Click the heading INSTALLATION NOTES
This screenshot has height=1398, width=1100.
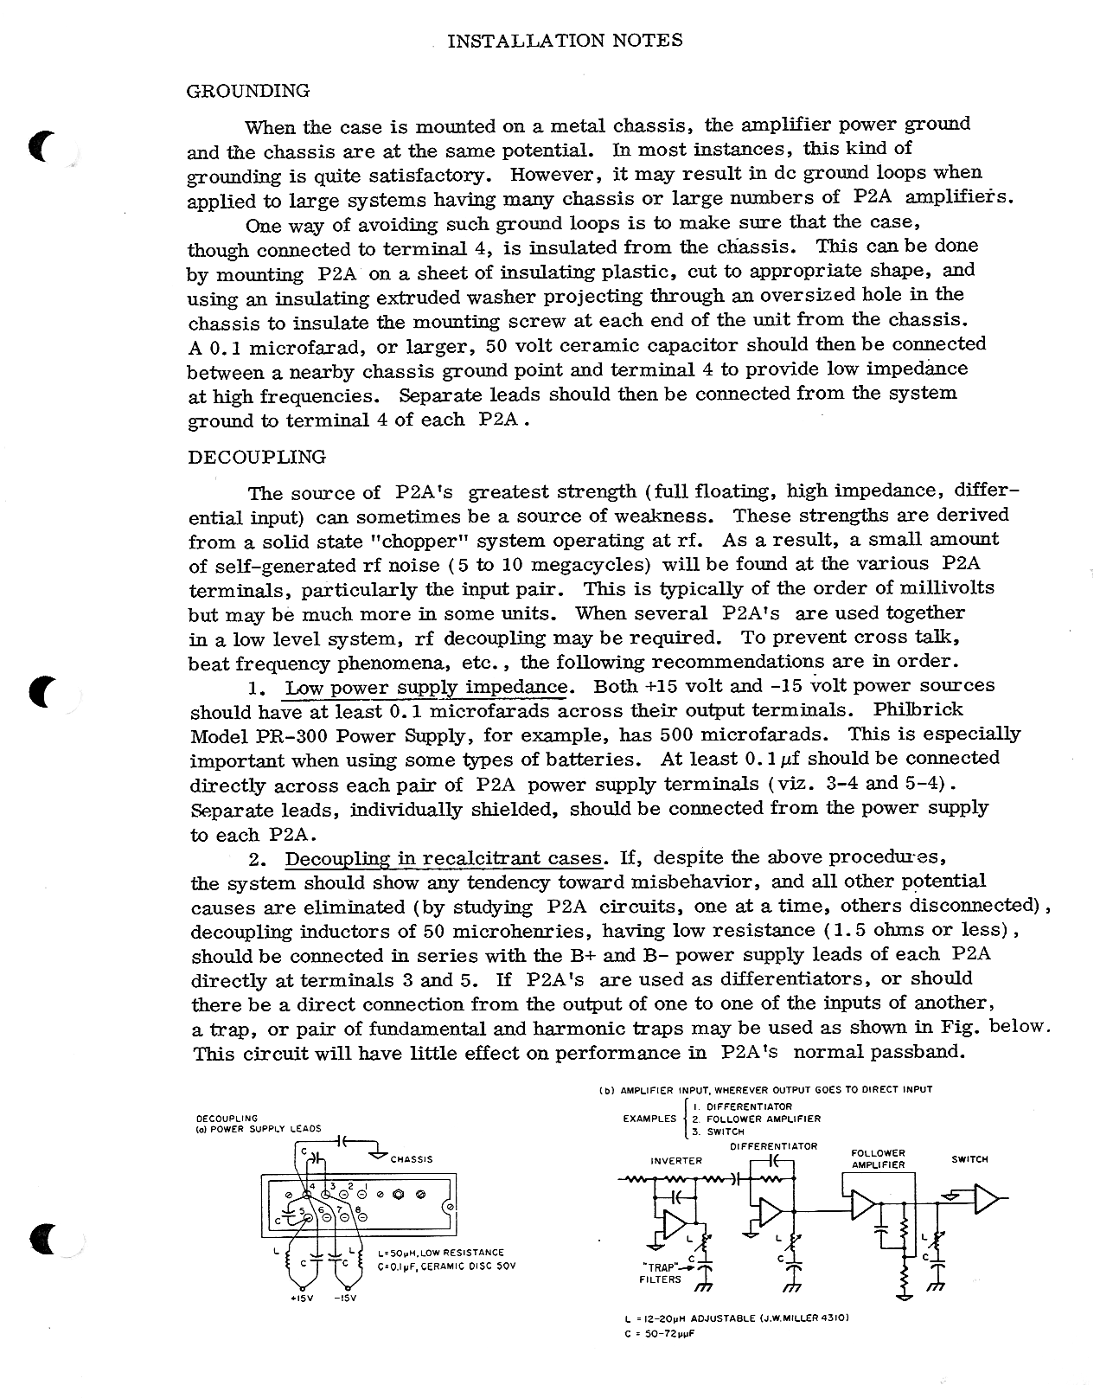coord(565,40)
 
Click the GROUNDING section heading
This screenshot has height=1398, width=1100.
coord(248,90)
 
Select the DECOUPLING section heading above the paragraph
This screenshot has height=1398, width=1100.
coord(257,457)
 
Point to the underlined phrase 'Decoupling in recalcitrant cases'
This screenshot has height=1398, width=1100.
coord(444,859)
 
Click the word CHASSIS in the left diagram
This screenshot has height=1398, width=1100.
coord(412,1159)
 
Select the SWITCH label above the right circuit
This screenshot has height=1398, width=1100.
coord(969,1159)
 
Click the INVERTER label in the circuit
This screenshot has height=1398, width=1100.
coord(676,1160)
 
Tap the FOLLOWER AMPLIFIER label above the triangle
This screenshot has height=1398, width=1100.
coord(878,1158)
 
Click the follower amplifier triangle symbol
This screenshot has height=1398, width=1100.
coord(862,1205)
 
